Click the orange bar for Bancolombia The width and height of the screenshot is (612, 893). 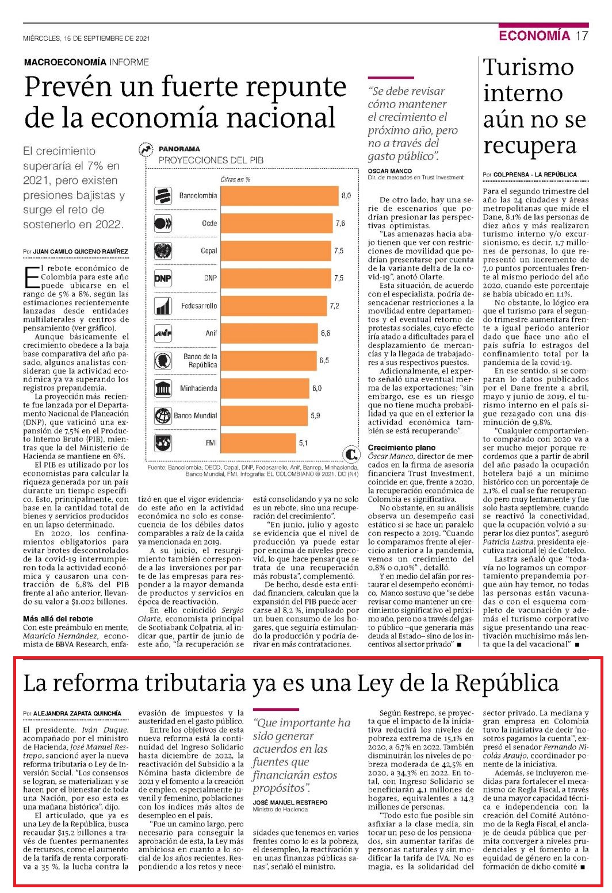pyautogui.click(x=280, y=196)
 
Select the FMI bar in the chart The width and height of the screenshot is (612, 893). pyautogui.click(x=258, y=443)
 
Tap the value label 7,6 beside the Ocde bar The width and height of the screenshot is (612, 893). pyautogui.click(x=341, y=223)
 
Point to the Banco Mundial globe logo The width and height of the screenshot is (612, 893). pyautogui.click(x=163, y=416)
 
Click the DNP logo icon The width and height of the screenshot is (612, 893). pyautogui.click(x=163, y=278)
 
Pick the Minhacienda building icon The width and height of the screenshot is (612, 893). pyautogui.click(x=163, y=388)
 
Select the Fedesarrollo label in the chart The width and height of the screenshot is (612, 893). pyautogui.click(x=199, y=306)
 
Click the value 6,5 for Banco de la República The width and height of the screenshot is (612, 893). pyautogui.click(x=324, y=360)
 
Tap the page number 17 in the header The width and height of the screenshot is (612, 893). pyautogui.click(x=582, y=36)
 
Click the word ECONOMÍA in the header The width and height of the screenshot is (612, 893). pyautogui.click(x=534, y=36)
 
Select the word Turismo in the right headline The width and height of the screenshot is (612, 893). pyautogui.click(x=529, y=67)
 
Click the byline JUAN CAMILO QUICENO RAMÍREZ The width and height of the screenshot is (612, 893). pyautogui.click(x=81, y=252)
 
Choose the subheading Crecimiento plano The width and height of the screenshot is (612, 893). pyautogui.click(x=401, y=448)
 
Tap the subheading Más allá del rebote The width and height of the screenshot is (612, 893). pyautogui.click(x=58, y=619)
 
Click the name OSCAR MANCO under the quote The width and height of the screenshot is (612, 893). pyautogui.click(x=390, y=171)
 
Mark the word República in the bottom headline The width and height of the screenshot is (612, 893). pyautogui.click(x=507, y=683)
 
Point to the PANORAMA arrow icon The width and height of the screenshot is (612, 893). pyautogui.click(x=146, y=150)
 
